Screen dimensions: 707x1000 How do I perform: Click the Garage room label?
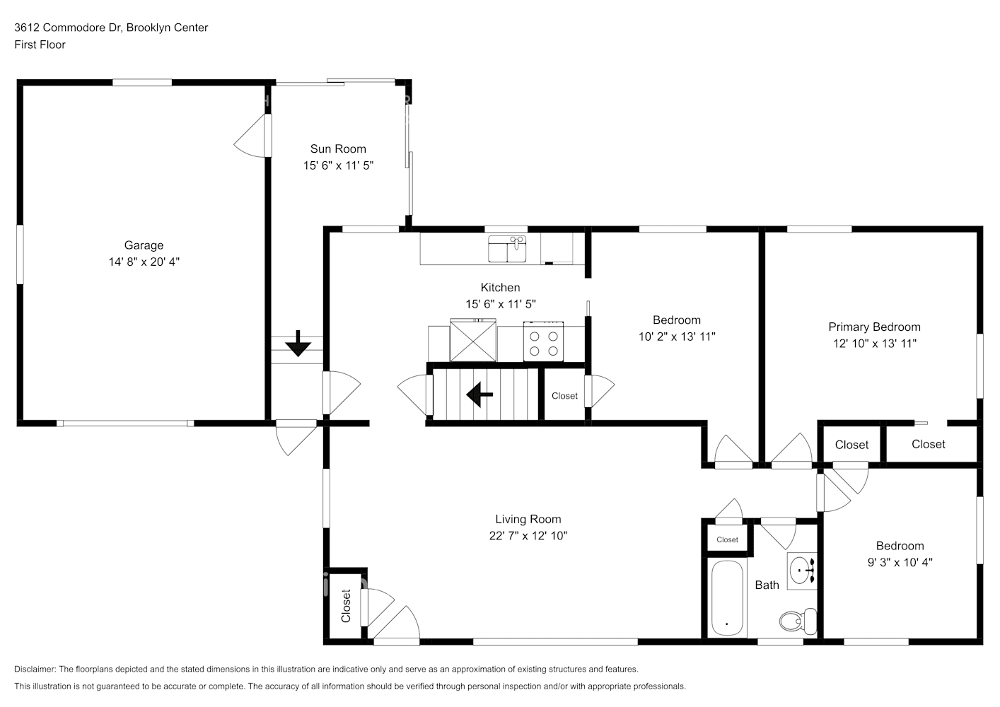pyautogui.click(x=144, y=245)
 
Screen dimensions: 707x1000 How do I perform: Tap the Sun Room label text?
pyautogui.click(x=338, y=148)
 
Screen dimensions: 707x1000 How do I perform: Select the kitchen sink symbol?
pyautogui.click(x=507, y=249)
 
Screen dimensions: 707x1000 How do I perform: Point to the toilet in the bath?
pyautogui.click(x=797, y=621)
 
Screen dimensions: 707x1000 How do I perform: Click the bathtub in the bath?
pyautogui.click(x=726, y=597)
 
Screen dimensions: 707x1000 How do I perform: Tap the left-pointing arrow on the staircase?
pyautogui.click(x=480, y=394)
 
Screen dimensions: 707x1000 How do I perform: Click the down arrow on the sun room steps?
pyautogui.click(x=298, y=344)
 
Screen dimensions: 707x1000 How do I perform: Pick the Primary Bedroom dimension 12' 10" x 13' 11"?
pyautogui.click(x=874, y=344)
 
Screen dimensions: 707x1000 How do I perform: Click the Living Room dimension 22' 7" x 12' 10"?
pyautogui.click(x=528, y=536)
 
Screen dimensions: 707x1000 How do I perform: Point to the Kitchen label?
pyautogui.click(x=500, y=288)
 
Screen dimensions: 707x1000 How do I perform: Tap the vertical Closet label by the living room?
pyautogui.click(x=346, y=605)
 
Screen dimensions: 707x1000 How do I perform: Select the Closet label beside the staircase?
pyautogui.click(x=564, y=396)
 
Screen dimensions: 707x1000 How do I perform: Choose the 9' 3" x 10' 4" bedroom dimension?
pyautogui.click(x=900, y=563)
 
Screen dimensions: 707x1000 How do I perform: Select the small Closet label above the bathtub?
pyautogui.click(x=727, y=539)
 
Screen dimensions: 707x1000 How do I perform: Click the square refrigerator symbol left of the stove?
pyautogui.click(x=473, y=340)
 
